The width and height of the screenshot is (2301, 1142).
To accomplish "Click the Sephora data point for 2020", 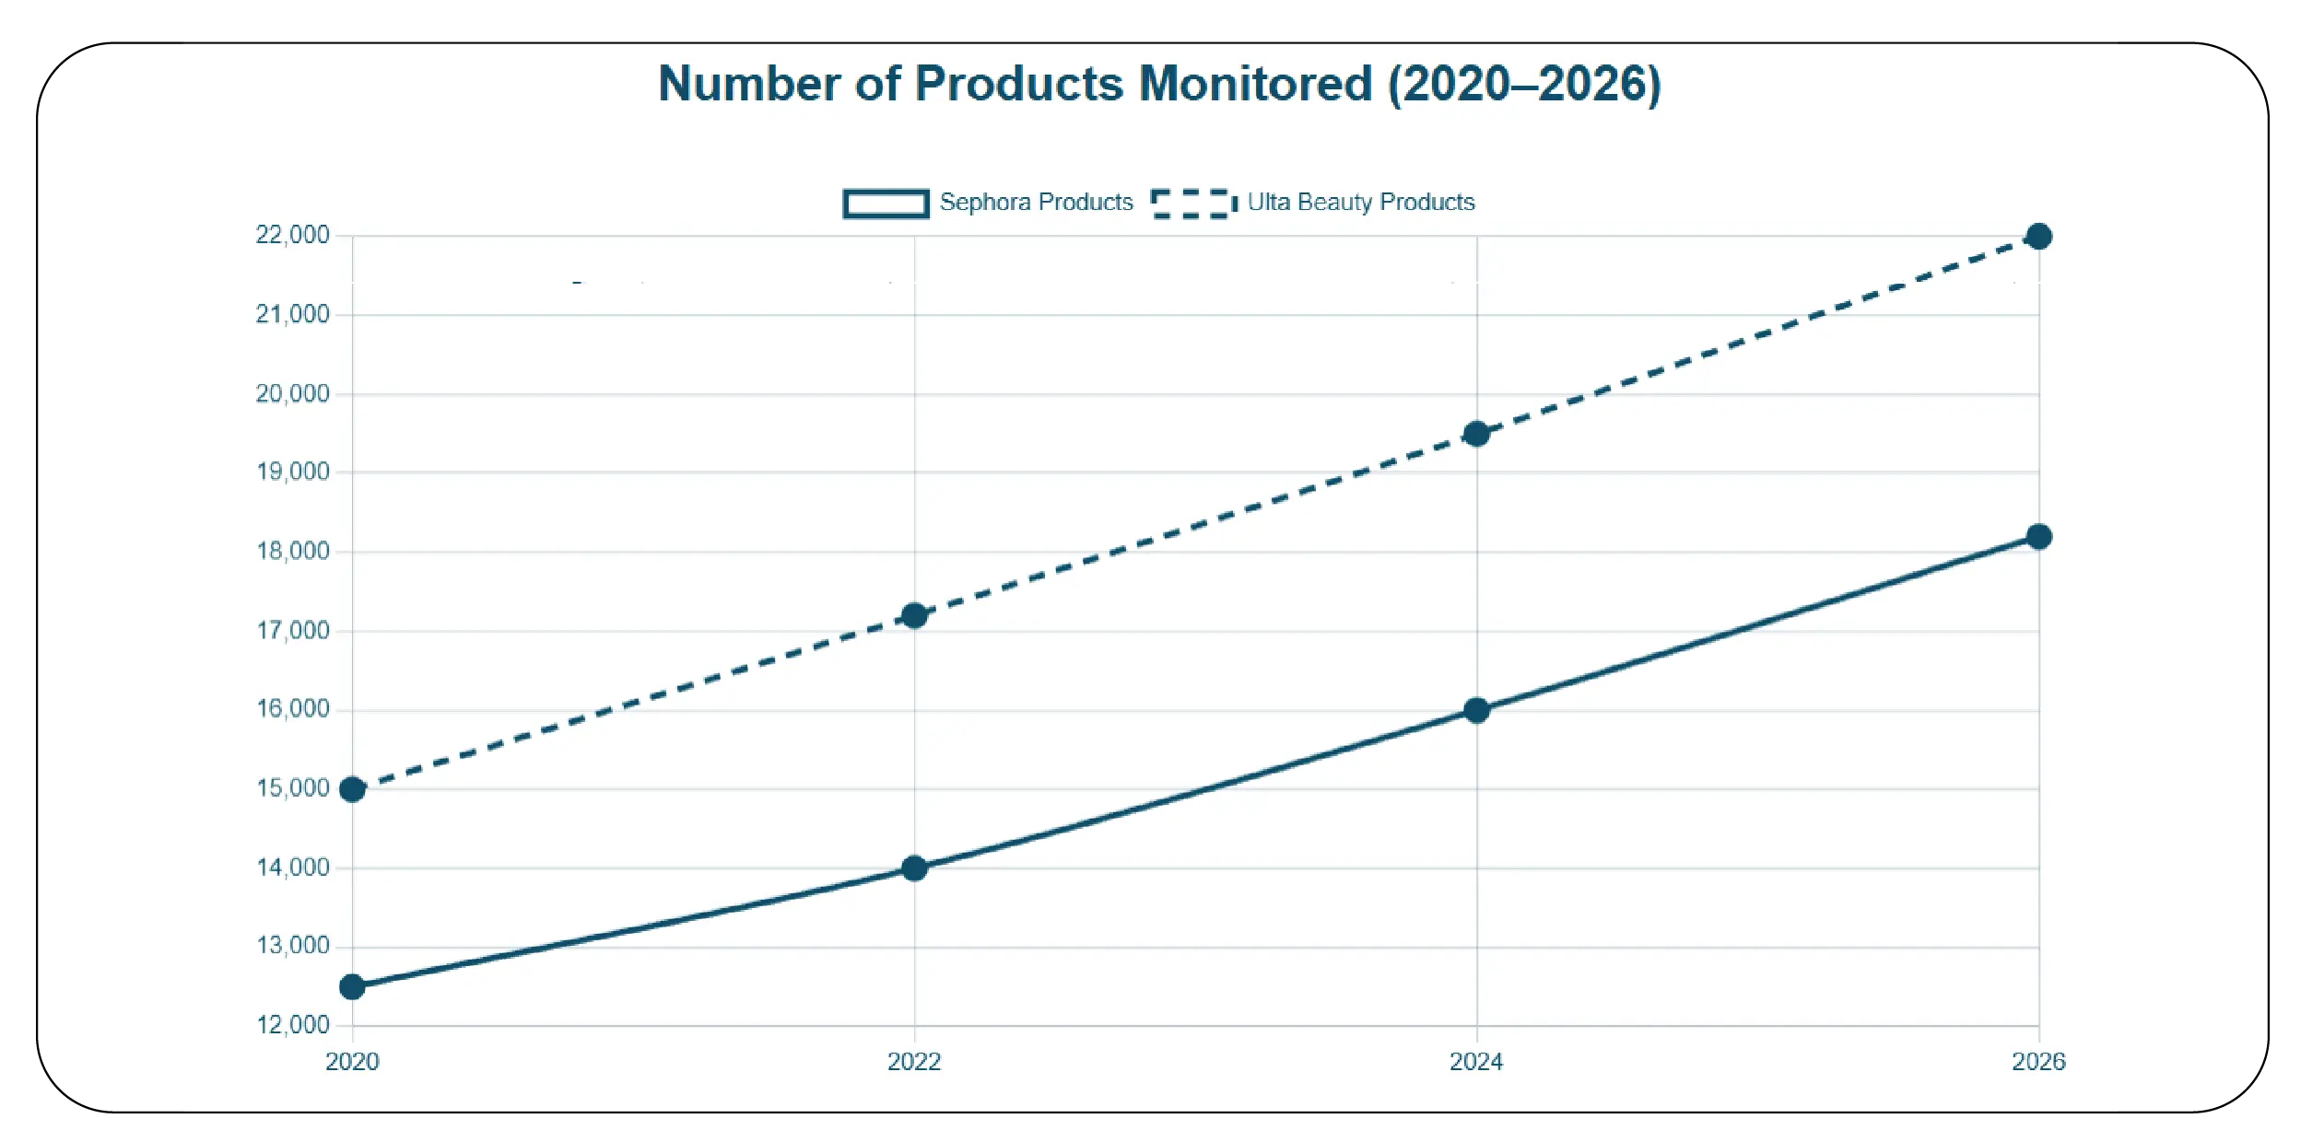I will click(x=352, y=987).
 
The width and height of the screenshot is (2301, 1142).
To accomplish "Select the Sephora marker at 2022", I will click(x=914, y=868).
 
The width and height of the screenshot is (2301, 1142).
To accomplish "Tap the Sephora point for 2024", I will click(x=1476, y=710).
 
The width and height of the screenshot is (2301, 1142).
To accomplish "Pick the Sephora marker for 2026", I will click(x=2038, y=537).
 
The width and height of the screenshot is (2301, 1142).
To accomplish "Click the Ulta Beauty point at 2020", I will click(x=352, y=789).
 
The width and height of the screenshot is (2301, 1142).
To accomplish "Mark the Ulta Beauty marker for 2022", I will click(x=914, y=615).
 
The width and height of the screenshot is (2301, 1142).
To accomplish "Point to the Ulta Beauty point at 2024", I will click(x=1476, y=434).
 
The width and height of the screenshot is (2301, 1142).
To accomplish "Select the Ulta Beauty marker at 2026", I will click(x=2038, y=237).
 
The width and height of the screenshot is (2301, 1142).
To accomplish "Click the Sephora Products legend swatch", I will click(x=886, y=203).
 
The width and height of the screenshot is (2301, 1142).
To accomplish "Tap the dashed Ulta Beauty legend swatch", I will click(x=1193, y=203).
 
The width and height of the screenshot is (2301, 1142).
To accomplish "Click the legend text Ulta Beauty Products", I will click(x=1360, y=203).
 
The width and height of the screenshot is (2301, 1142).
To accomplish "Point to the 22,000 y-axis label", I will click(x=292, y=235).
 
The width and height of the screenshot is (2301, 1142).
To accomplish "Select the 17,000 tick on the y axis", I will click(x=292, y=631).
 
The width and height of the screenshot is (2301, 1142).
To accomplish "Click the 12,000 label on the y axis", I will click(x=292, y=1025).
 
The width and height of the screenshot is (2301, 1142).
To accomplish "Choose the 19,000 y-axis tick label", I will click(x=292, y=472).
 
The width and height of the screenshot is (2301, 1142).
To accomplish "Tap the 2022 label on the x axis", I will click(x=914, y=1062).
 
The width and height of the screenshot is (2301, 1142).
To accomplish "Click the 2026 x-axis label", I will click(x=2038, y=1062).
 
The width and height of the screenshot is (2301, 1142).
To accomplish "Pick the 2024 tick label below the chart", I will click(x=1476, y=1062).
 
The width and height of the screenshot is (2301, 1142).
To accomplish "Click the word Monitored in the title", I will click(x=1255, y=84).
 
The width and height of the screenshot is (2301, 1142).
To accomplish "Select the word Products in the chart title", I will click(x=1018, y=84).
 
